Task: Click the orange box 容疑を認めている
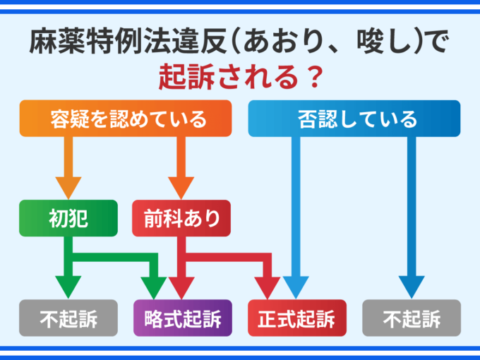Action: tap(125, 118)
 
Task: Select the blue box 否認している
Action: tap(354, 118)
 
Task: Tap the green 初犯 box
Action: tap(68, 219)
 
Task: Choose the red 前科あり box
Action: tap(181, 219)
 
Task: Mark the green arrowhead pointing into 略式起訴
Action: tap(154, 287)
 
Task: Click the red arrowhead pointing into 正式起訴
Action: tap(269, 287)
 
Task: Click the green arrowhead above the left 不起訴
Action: tap(68, 287)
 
